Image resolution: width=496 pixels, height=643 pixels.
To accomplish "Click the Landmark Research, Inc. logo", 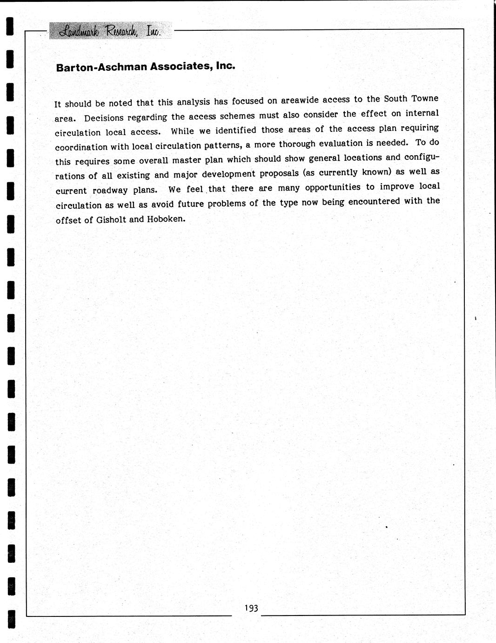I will click(111, 31).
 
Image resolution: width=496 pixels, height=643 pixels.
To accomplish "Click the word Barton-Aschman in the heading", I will click(101, 67).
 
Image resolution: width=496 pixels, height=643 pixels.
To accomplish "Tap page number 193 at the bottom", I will click(251, 608).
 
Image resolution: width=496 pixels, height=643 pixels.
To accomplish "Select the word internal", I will click(422, 113).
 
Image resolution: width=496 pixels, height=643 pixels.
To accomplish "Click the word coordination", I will click(81, 147).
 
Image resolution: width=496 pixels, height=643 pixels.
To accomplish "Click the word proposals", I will click(279, 173).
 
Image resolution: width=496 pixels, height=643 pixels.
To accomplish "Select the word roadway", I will click(110, 190).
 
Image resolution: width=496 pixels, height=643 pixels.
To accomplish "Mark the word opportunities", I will click(333, 187).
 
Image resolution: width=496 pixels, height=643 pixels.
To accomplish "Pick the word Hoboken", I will click(166, 219).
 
